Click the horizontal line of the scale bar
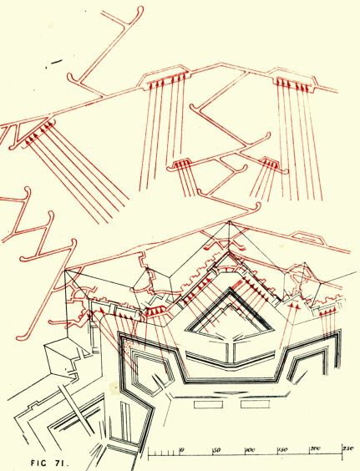pos(246,458)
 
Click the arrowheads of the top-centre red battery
pos(165,84)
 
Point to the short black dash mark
pos(56,61)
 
